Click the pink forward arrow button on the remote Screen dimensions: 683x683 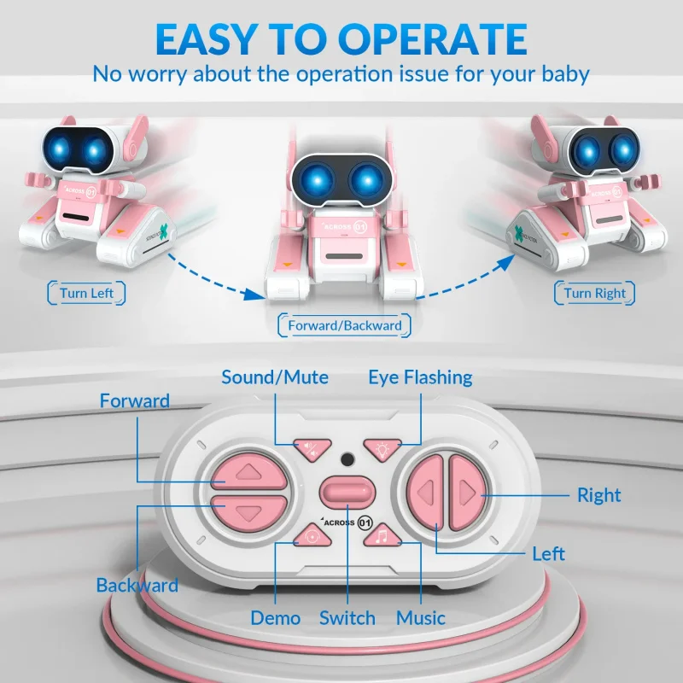coord(248,471)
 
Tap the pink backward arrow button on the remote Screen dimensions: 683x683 coord(248,512)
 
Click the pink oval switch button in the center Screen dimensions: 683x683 coord(347,493)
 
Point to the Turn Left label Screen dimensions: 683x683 coord(85,294)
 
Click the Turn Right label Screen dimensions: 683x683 coord(594,294)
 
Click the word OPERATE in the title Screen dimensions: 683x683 coord(435,39)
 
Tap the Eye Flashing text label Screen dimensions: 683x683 coord(420,377)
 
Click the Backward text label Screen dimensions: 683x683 coord(137,585)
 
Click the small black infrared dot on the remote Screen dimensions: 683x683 coord(347,459)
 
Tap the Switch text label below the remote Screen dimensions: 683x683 coord(347,617)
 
